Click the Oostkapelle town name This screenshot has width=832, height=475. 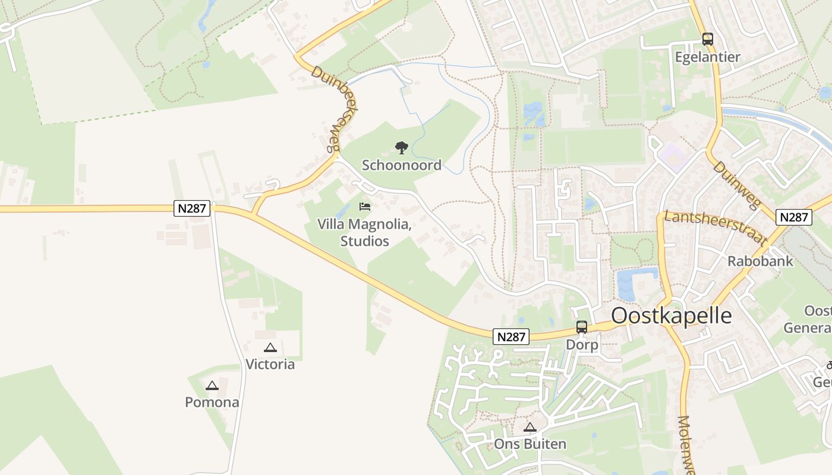672,315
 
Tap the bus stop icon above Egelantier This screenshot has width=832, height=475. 707,39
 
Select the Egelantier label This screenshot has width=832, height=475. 707,57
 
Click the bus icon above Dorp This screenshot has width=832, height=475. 581,327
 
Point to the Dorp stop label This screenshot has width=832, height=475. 582,344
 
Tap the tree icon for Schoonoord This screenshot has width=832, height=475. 402,147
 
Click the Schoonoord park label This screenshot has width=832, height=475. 402,165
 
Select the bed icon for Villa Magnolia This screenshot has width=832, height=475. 365,207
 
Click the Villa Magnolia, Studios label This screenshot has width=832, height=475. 364,233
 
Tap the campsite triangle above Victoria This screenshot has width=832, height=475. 270,347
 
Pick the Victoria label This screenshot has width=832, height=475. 270,364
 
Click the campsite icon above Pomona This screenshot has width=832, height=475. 212,385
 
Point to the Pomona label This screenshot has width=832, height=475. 212,402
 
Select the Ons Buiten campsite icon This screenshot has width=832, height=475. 530,427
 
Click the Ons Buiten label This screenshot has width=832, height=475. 530,444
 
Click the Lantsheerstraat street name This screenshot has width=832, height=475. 713,227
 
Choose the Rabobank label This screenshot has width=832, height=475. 760,261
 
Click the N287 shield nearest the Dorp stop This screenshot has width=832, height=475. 510,337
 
